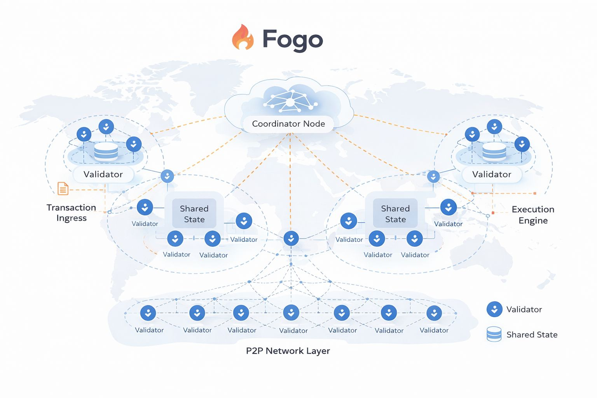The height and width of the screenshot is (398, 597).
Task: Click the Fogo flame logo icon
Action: click(x=243, y=38)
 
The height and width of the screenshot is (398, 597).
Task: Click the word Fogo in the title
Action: click(x=293, y=40)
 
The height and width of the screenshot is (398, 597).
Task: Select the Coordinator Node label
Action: click(x=288, y=124)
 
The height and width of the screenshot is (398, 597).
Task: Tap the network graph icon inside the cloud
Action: click(x=290, y=101)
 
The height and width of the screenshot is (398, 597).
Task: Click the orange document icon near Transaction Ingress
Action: click(x=63, y=189)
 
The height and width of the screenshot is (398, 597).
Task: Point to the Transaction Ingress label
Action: click(x=72, y=213)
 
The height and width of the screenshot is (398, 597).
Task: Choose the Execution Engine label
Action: click(x=533, y=215)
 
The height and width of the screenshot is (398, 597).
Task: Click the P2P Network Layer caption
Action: click(x=288, y=351)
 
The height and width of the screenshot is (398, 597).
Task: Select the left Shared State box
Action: click(x=194, y=214)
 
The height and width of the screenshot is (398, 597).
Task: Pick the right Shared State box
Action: click(x=395, y=214)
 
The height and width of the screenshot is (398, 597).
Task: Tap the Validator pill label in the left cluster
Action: click(x=103, y=175)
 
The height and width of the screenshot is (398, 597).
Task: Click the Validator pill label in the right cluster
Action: click(x=492, y=175)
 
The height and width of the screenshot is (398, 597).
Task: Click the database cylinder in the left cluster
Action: click(x=106, y=151)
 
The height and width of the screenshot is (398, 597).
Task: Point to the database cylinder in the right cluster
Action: click(x=494, y=151)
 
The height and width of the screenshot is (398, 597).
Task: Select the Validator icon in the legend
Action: click(x=494, y=309)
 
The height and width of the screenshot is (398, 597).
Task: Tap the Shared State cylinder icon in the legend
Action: click(x=494, y=334)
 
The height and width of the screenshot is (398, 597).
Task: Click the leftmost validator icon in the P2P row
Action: click(x=148, y=313)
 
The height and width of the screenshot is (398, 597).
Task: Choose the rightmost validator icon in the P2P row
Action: click(x=434, y=313)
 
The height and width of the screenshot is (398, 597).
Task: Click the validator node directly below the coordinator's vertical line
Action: click(x=291, y=238)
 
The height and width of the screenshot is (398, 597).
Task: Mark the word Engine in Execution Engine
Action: click(x=533, y=221)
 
